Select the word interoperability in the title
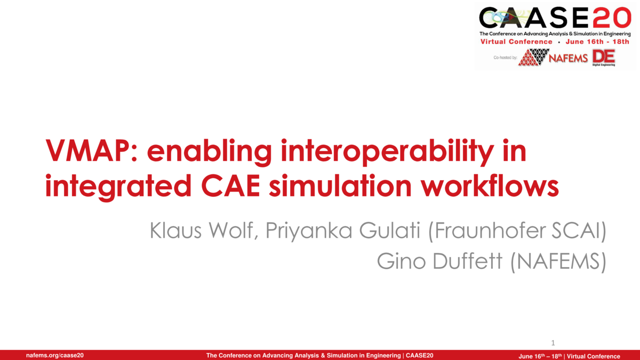click(387, 151)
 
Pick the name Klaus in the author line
click(175, 230)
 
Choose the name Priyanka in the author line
click(309, 231)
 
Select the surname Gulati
click(390, 230)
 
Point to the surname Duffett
click(467, 261)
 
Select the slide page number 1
click(553, 343)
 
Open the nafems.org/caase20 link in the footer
click(55, 355)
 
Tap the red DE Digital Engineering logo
click(603, 58)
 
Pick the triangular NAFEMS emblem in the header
click(534, 57)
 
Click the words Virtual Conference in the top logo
click(516, 42)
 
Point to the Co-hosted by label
click(505, 58)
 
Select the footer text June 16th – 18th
click(540, 356)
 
